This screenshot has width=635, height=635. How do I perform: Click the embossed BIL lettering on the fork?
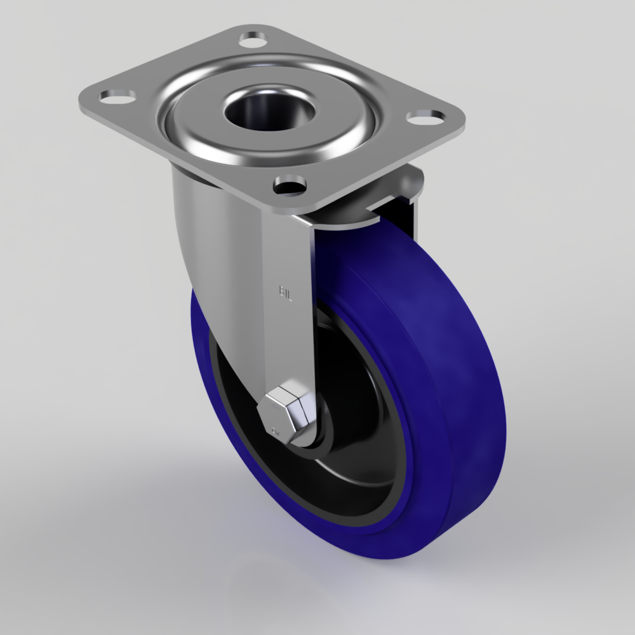pos(284,293)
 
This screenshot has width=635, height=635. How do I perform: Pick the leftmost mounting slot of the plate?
pos(117,97)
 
